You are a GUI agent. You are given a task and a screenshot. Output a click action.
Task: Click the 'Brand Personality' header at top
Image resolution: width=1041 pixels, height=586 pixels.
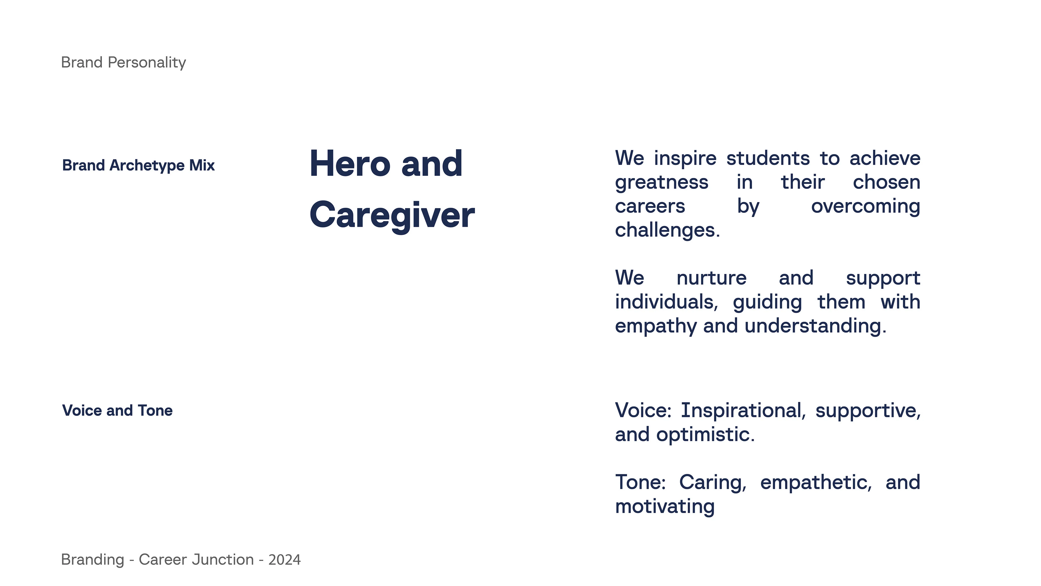point(123,63)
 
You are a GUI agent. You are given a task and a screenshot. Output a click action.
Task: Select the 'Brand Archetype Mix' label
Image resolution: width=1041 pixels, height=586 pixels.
point(138,165)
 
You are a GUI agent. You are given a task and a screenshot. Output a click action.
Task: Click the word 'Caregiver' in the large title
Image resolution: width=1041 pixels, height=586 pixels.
point(392,216)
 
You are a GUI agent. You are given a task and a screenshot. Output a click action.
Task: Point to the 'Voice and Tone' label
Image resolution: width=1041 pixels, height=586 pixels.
point(117,410)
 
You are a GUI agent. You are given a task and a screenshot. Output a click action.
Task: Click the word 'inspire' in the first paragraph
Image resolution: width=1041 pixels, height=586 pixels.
point(685,158)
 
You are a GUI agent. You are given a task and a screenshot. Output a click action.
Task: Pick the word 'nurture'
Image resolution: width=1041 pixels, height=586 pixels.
point(711,278)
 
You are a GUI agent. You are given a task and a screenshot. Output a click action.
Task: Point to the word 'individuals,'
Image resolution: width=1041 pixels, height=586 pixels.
point(666,302)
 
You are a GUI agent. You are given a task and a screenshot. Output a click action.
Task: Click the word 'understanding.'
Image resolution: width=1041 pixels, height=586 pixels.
point(815,326)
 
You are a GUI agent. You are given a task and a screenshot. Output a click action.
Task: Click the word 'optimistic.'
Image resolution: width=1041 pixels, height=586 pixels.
point(705,435)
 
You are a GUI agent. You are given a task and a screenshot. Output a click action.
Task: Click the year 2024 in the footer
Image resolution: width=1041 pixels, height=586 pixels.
point(284,560)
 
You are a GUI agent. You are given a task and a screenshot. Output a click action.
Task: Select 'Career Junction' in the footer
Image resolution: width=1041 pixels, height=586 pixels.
point(196,560)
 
